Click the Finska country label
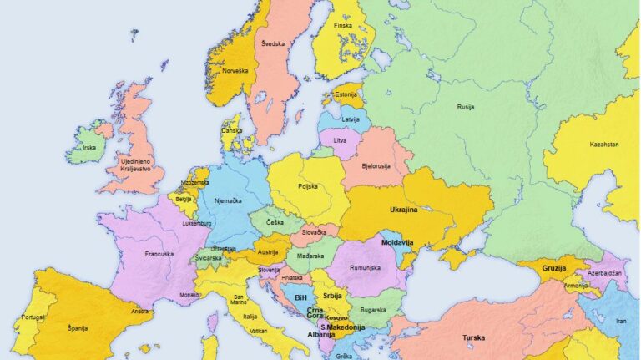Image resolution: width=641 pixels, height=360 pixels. [343, 26]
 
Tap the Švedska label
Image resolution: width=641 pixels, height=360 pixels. [272, 43]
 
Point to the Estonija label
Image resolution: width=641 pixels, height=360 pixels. [346, 95]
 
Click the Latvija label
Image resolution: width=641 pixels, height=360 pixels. [350, 119]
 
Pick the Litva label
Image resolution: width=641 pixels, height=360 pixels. [340, 141]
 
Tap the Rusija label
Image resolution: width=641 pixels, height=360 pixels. [467, 107]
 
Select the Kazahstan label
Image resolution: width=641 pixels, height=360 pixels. [604, 145]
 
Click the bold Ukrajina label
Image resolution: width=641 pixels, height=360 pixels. [409, 210]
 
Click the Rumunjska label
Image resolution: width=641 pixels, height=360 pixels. [364, 267]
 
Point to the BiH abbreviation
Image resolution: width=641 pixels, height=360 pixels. [301, 297]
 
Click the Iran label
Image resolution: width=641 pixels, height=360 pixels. [621, 322]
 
